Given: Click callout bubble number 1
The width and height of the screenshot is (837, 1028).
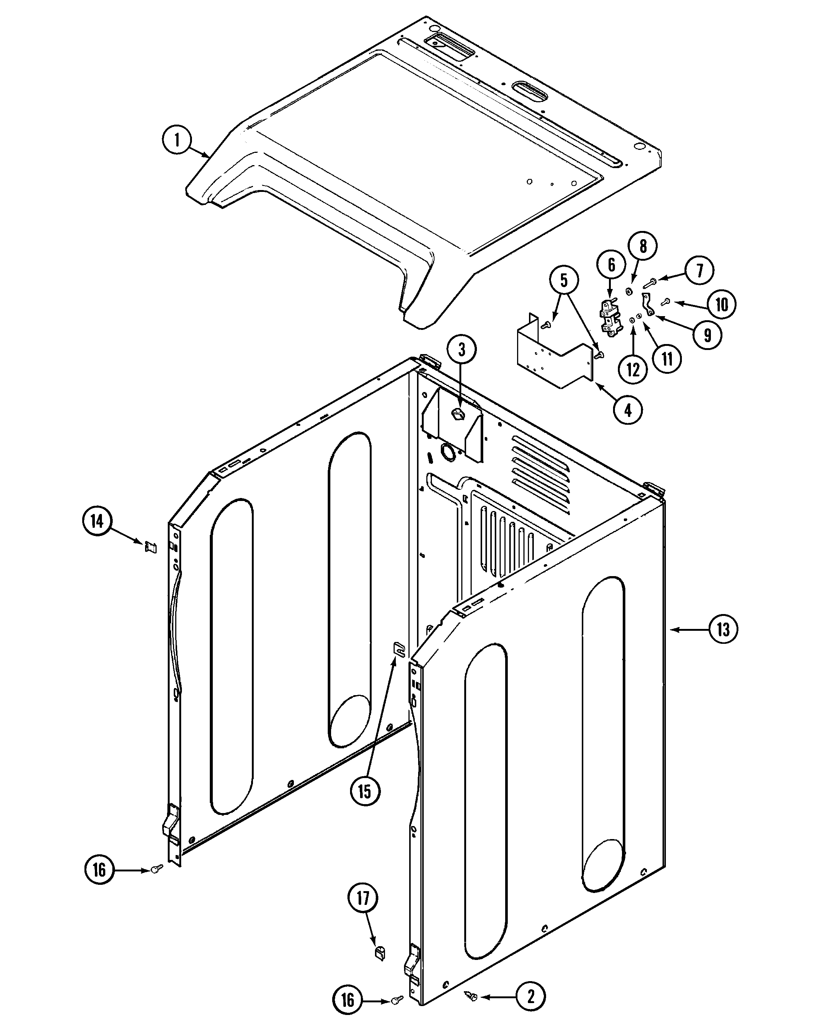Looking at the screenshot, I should pos(177,140).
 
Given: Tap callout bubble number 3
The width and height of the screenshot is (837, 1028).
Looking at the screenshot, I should pos(461,349).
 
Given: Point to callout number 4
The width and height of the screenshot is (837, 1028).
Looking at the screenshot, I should pos(628,410).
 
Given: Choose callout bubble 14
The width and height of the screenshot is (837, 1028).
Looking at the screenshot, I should pos(97,521).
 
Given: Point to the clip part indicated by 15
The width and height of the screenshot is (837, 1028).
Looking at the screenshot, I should pos(399,648).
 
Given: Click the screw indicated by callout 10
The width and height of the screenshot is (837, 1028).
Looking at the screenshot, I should pos(667,302).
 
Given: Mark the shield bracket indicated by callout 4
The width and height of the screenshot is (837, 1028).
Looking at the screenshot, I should pos(554,354).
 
